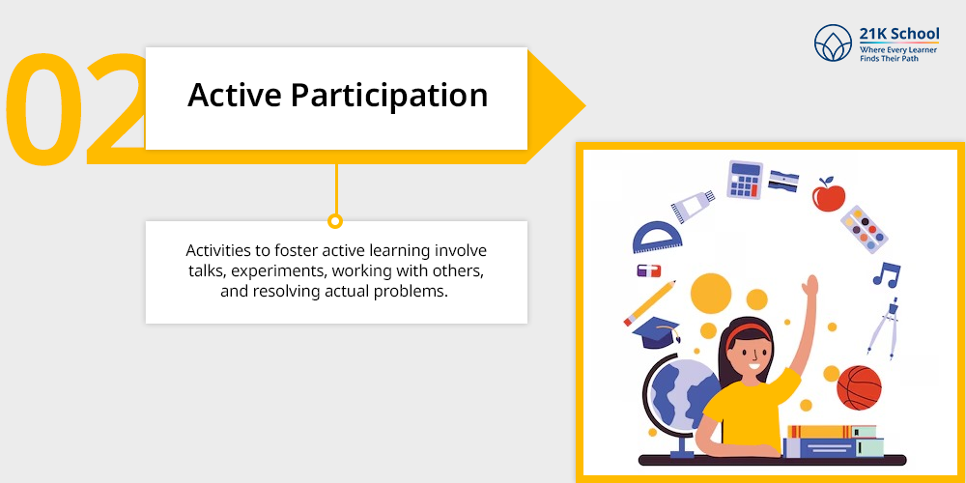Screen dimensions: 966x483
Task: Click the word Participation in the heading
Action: point(389,97)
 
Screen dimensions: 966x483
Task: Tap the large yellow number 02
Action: point(75,108)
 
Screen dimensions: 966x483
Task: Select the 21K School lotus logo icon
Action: point(833,43)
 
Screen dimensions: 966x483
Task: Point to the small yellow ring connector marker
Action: point(335,221)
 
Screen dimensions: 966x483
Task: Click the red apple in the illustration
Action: point(828,195)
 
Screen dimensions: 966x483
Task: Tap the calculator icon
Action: point(744,180)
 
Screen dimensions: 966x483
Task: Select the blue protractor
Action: point(657,238)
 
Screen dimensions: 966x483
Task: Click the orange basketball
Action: point(859,387)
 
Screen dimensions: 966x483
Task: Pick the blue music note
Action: point(887,273)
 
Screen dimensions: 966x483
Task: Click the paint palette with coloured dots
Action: point(864,230)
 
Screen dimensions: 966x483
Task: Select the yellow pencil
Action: point(649,303)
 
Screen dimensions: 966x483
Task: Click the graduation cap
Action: point(657,332)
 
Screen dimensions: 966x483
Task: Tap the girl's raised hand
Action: point(810,288)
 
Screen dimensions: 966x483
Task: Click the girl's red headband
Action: point(747,333)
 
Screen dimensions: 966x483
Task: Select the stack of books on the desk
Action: point(833,440)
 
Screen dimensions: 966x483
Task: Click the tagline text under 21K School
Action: point(898,53)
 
